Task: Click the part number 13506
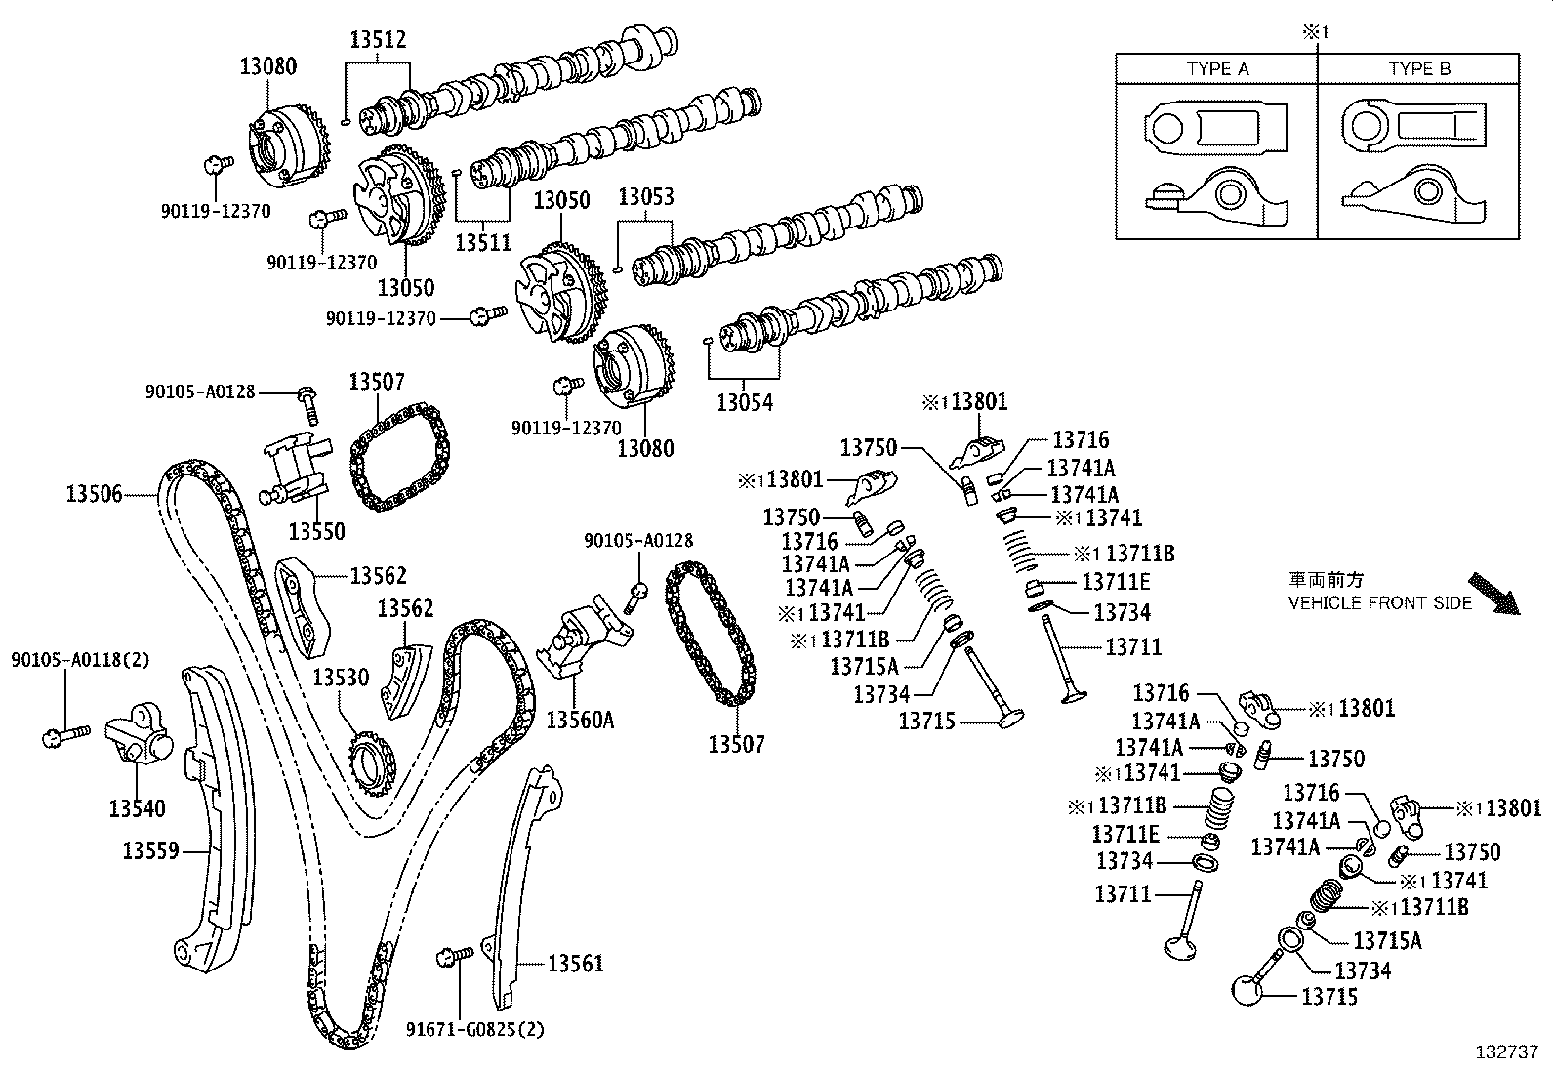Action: click(94, 494)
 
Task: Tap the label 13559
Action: click(150, 850)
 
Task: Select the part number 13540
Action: click(137, 808)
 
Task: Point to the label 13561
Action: click(575, 964)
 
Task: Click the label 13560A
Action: click(580, 720)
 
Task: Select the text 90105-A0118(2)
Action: click(80, 660)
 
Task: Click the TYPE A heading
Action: click(1217, 69)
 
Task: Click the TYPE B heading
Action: click(1419, 69)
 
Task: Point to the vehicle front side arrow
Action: click(1495, 594)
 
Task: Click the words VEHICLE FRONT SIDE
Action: click(1379, 603)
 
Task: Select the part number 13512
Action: click(378, 40)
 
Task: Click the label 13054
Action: click(744, 401)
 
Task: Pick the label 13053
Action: click(645, 197)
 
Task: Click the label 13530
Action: click(341, 677)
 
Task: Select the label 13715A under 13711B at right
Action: click(1387, 940)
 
